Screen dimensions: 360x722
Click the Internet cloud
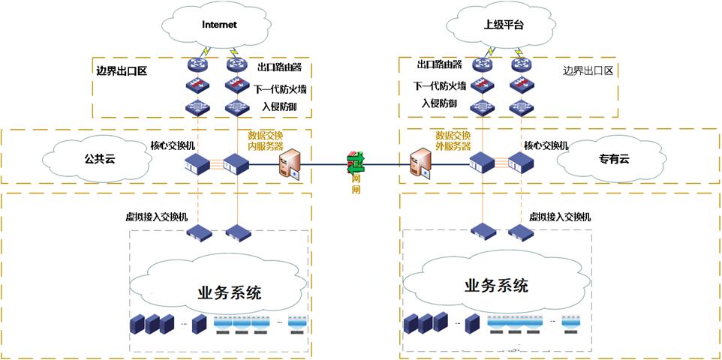click(x=219, y=25)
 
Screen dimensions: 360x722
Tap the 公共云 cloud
click(x=98, y=159)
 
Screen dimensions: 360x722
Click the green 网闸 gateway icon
click(x=355, y=160)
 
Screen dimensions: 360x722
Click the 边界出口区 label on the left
click(x=121, y=72)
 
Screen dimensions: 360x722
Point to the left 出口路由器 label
click(x=279, y=67)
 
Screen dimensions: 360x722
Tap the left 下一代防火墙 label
click(x=280, y=90)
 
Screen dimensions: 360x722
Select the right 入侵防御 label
click(x=438, y=103)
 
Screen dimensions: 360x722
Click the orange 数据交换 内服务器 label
click(x=265, y=140)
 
